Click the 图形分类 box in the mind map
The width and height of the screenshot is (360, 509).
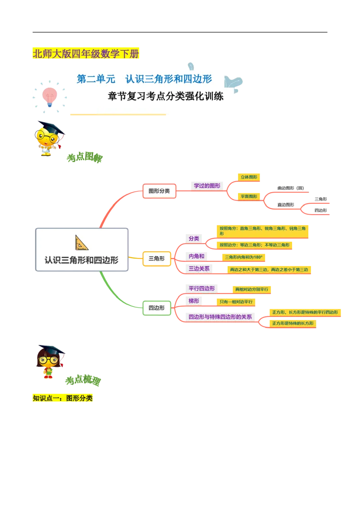(159, 191)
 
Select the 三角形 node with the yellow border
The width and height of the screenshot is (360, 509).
(156, 259)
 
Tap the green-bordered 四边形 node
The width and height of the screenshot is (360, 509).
(156, 308)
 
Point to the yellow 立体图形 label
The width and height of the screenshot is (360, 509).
(249, 177)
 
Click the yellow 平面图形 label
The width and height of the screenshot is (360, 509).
(249, 196)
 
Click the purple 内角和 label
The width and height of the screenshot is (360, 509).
(197, 256)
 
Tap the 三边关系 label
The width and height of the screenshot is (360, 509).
(199, 269)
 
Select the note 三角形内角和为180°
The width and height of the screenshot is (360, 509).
(243, 257)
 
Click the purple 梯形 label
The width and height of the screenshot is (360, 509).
(194, 300)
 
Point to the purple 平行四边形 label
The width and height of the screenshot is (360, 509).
(202, 288)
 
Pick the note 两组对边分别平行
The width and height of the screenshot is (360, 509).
(251, 290)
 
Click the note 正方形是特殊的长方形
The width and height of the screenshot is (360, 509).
(292, 323)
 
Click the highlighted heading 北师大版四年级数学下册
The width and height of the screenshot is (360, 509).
(86, 54)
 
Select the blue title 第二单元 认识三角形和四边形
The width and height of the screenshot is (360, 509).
(144, 79)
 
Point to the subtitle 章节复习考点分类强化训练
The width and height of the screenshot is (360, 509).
(166, 96)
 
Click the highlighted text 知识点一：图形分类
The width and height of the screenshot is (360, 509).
(63, 398)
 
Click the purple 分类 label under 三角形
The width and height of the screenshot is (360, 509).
(194, 238)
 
